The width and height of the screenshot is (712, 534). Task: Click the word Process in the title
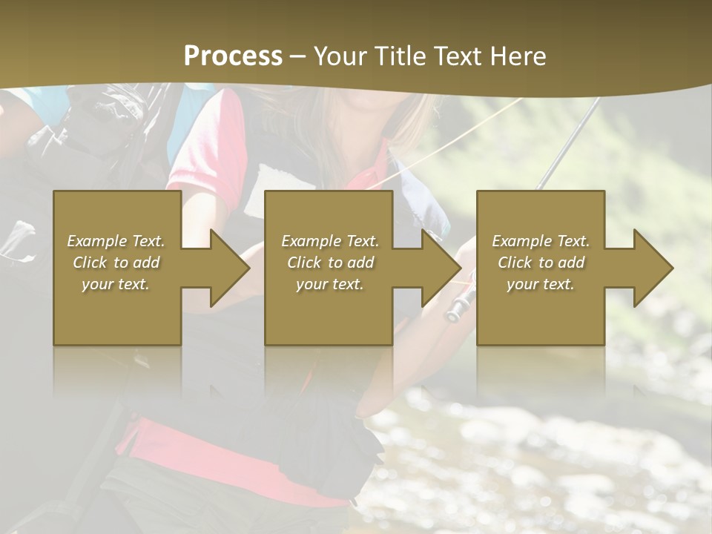pyautogui.click(x=233, y=56)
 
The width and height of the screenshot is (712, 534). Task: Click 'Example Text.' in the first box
pyautogui.click(x=116, y=241)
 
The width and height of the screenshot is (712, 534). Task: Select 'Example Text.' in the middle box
pyautogui.click(x=329, y=241)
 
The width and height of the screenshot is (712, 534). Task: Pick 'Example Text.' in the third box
pyautogui.click(x=541, y=241)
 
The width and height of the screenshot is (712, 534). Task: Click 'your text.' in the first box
pyautogui.click(x=116, y=284)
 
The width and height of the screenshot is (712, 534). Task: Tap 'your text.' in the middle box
pyautogui.click(x=329, y=284)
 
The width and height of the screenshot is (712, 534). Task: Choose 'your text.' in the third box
pyautogui.click(x=541, y=284)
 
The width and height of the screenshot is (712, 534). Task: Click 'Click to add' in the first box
pyautogui.click(x=116, y=263)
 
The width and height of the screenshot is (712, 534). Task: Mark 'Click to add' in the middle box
pyautogui.click(x=329, y=263)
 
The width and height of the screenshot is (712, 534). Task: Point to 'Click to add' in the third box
pyautogui.click(x=541, y=263)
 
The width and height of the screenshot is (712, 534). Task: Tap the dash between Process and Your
pyautogui.click(x=298, y=56)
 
